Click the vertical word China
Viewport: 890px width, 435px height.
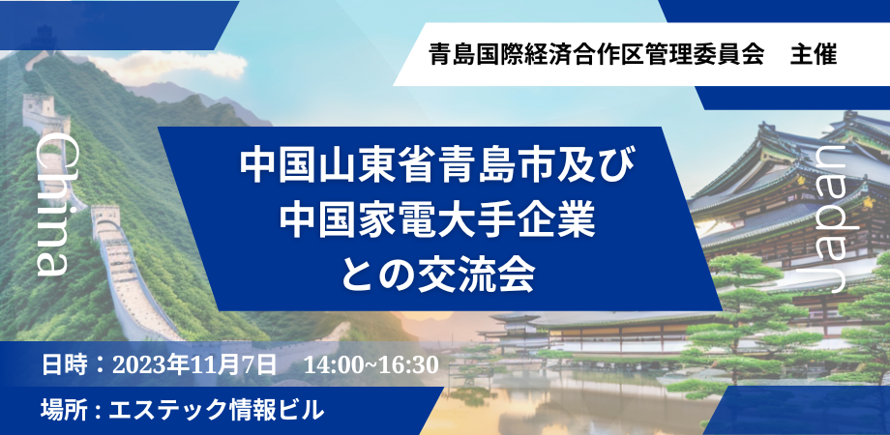(50, 206)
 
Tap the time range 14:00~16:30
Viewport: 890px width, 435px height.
(371, 366)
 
